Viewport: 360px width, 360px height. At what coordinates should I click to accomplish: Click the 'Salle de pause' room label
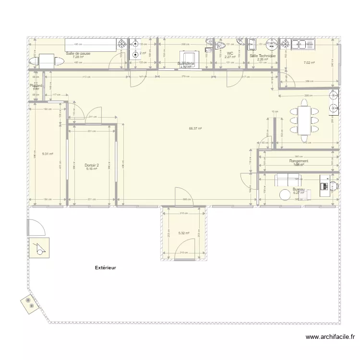pyautogui.click(x=78, y=53)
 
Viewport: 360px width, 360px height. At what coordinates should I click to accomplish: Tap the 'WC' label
pyautogui.click(x=230, y=53)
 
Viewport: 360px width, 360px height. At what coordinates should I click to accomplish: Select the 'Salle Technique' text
pyautogui.click(x=263, y=56)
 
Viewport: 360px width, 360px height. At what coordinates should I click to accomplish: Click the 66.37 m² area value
pyautogui.click(x=195, y=128)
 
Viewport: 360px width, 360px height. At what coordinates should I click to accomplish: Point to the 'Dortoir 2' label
pyautogui.click(x=91, y=165)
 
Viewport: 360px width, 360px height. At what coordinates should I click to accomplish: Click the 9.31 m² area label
pyautogui.click(x=47, y=154)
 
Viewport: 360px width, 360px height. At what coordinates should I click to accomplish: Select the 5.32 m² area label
pyautogui.click(x=183, y=233)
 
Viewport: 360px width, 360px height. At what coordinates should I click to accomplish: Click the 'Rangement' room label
pyautogui.click(x=299, y=161)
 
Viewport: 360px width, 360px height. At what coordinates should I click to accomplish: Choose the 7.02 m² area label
pyautogui.click(x=309, y=62)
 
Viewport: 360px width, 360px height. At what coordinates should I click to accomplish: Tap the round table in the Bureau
pyautogui.click(x=283, y=194)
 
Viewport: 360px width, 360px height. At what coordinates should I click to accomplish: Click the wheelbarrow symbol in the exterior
pyautogui.click(x=38, y=248)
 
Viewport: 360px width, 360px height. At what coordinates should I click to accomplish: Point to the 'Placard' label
pyautogui.click(x=36, y=85)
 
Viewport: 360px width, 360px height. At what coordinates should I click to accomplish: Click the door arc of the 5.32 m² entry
pyautogui.click(x=184, y=255)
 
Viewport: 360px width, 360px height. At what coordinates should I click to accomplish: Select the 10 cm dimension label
pyautogui.click(x=275, y=112)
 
